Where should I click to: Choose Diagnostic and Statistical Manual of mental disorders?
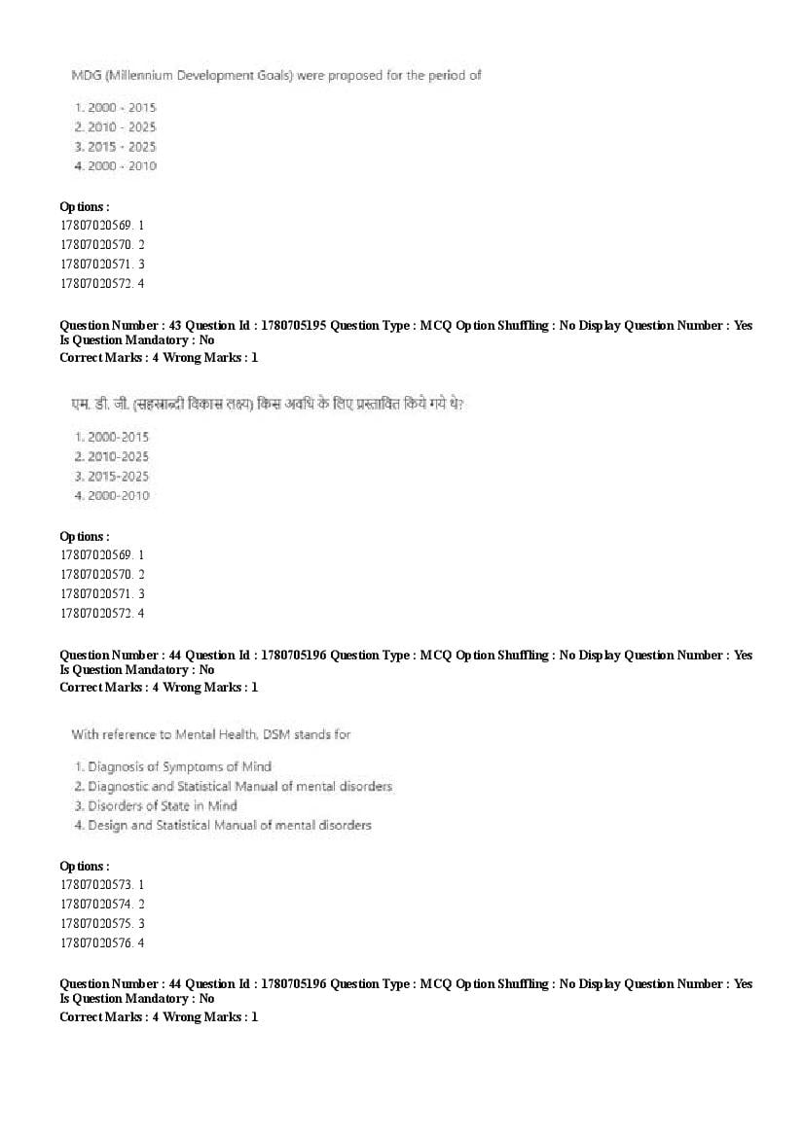point(239,786)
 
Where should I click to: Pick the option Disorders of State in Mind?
point(162,805)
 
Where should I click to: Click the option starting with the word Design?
point(229,825)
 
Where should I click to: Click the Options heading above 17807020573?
point(84,866)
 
